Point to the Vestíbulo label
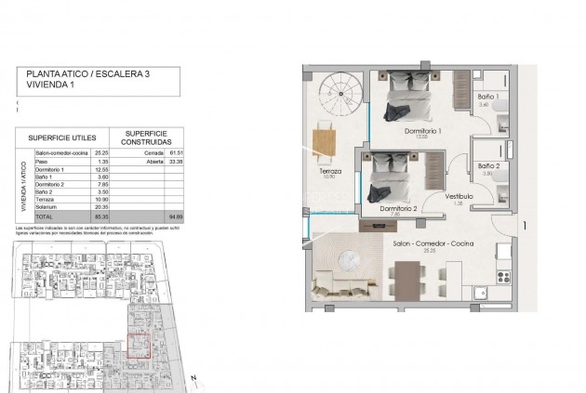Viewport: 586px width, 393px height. pyautogui.click(x=459, y=197)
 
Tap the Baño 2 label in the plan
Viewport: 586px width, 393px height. pyautogui.click(x=489, y=166)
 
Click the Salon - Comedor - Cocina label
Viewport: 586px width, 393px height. pyautogui.click(x=433, y=242)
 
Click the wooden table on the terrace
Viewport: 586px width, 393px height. pyautogui.click(x=324, y=141)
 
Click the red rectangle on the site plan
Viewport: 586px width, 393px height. pyautogui.click(x=140, y=347)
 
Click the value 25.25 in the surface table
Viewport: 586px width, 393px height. pyautogui.click(x=102, y=153)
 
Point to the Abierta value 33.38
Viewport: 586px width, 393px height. pyautogui.click(x=174, y=162)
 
